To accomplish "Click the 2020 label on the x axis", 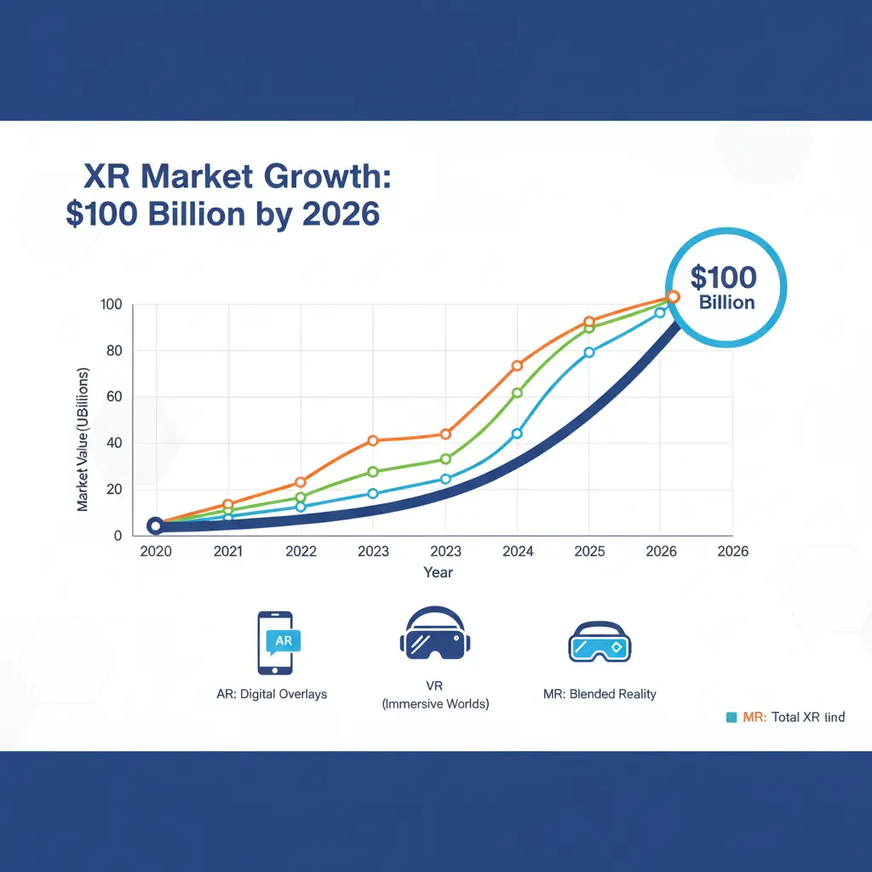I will (155, 551).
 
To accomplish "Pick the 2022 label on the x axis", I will (301, 551).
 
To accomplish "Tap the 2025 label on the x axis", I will (589, 551).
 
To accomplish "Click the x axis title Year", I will (438, 572).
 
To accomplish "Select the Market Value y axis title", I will (83, 439).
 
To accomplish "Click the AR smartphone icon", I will (275, 643).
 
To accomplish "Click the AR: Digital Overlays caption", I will (272, 694).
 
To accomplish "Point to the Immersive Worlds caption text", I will (435, 704).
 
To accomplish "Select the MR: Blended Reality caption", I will (599, 694).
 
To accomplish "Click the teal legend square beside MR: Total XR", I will (731, 718).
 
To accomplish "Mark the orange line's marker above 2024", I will (517, 365).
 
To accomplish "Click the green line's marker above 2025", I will (588, 329).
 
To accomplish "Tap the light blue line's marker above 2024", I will (517, 433).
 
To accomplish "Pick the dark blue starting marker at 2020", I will (155, 525).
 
